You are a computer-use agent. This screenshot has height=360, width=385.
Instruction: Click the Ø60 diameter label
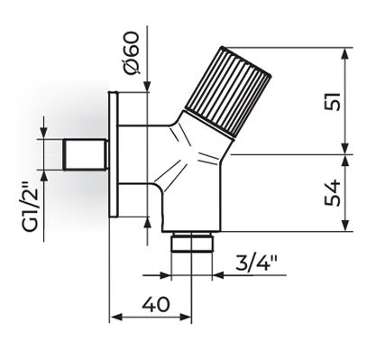coord(133,53)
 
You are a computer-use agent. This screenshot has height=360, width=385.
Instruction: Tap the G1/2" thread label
coord(31,207)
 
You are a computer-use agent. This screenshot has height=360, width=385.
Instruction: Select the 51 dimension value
coord(334,101)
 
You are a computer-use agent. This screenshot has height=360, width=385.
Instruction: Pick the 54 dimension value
coord(333,193)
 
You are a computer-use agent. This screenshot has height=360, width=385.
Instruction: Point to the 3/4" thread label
coord(256,263)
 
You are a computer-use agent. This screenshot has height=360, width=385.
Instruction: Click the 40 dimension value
coord(156,304)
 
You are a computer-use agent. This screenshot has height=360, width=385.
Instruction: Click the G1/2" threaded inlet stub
coord(86,154)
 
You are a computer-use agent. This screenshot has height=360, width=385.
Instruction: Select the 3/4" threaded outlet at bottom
coord(191,242)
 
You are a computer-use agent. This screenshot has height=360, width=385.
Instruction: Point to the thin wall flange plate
coord(114,154)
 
